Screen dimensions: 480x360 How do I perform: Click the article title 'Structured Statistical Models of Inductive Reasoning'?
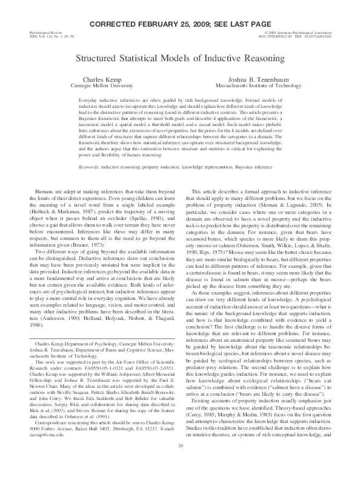click(179, 59)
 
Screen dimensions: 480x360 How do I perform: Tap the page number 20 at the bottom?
click(180, 464)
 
